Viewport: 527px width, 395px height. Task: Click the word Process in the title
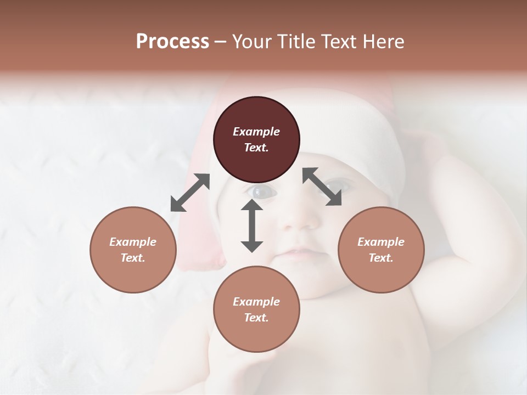click(172, 42)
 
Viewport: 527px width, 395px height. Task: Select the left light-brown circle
click(133, 250)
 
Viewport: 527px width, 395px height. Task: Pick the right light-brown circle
click(381, 250)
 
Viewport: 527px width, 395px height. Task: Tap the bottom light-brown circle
click(256, 309)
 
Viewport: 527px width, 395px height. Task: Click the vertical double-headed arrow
click(252, 225)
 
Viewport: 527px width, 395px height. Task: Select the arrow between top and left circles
click(190, 193)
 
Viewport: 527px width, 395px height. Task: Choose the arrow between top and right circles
click(322, 187)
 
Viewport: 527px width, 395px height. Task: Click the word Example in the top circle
click(256, 132)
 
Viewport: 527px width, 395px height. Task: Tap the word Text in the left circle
click(133, 258)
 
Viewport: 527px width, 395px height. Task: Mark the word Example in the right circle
click(381, 242)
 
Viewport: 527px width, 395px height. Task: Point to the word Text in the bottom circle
click(256, 318)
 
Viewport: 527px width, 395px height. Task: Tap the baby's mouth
click(296, 253)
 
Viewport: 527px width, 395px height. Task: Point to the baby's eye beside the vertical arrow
click(258, 191)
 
